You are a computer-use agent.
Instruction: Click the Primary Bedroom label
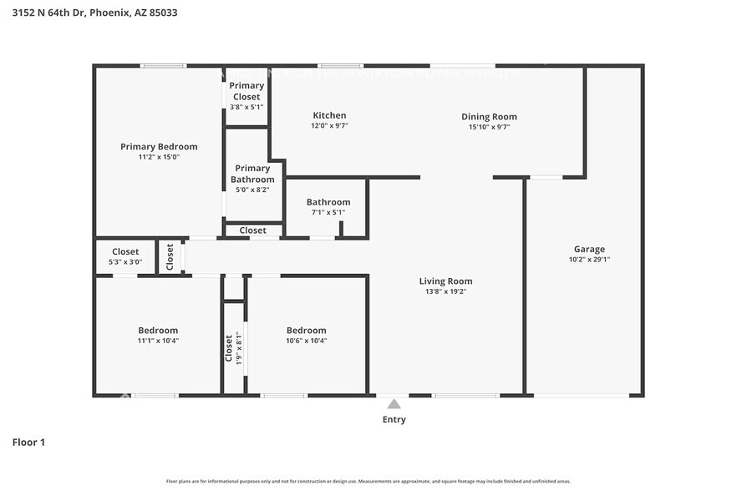tap(159, 147)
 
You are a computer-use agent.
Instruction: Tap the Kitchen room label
tap(329, 115)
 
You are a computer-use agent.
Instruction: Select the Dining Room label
tap(489, 117)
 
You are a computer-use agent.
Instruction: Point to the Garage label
tap(588, 249)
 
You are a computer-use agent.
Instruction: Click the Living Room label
tap(445, 281)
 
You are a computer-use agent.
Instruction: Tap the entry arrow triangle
tap(394, 404)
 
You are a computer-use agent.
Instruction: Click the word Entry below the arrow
tap(394, 419)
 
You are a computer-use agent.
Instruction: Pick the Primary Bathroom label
tap(252, 174)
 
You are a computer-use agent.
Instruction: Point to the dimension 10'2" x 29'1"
tap(589, 260)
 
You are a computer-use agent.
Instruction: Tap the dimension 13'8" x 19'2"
tap(445, 292)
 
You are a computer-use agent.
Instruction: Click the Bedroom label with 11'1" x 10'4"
tap(158, 331)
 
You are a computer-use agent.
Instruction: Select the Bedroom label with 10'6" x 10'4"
tap(306, 331)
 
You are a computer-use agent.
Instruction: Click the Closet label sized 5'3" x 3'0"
tap(125, 251)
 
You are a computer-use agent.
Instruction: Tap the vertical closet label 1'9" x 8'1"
tap(229, 347)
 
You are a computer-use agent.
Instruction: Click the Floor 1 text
tap(28, 442)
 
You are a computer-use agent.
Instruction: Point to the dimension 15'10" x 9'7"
tap(489, 127)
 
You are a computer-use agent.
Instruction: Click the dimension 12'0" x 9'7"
tap(329, 126)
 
